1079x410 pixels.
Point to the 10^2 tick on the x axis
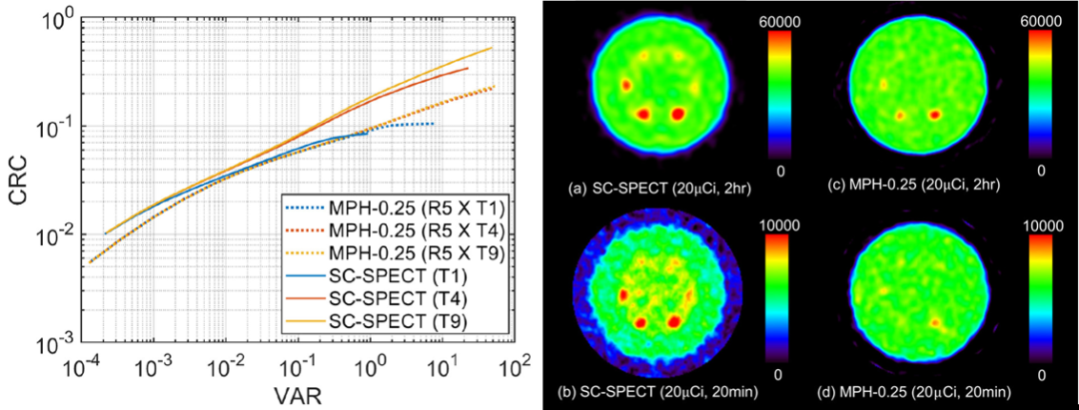point(514,366)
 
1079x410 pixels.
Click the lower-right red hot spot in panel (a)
point(680,115)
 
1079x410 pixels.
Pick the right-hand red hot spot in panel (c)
point(936,114)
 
